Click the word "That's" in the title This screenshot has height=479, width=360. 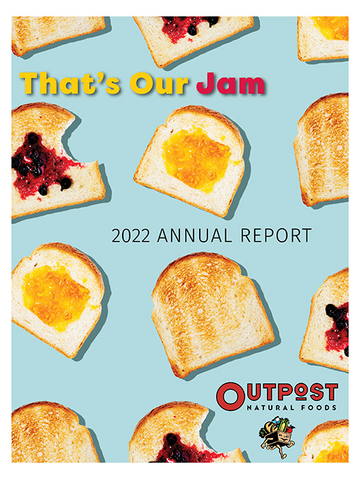point(70,83)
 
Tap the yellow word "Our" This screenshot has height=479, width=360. point(159,83)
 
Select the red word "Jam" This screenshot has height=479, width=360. point(231,83)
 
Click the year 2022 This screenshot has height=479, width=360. point(131,236)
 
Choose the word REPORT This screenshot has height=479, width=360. point(276,236)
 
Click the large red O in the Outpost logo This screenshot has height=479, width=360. point(231,396)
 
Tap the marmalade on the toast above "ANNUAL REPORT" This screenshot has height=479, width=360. point(196,159)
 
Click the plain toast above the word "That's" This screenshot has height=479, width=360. point(58,34)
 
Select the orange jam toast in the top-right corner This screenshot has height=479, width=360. point(323,38)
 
